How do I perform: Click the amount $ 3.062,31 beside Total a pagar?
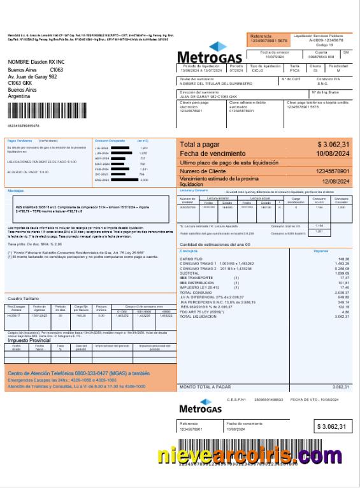coord(333,145)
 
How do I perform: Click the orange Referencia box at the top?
coord(268,39)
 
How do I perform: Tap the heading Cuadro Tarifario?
coord(23,298)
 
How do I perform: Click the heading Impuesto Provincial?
coord(29,340)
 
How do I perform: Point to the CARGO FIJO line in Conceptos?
coord(191,259)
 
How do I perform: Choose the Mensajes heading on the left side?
coord(15,190)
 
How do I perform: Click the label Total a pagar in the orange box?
coord(199,145)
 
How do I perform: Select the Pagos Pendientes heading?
coord(20,140)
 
